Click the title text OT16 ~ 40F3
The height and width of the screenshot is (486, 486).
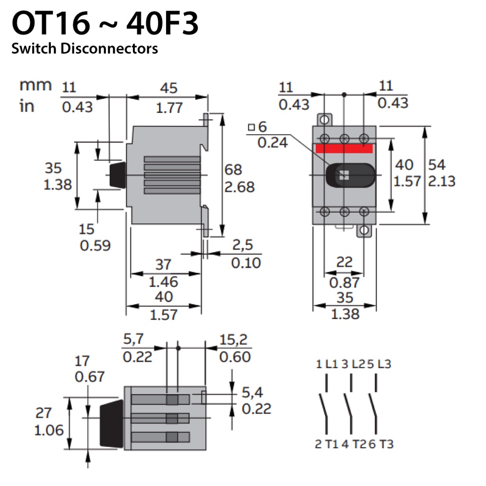[105, 23]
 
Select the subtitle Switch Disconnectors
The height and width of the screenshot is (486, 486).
[84, 49]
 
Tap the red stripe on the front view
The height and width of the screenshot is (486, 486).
[344, 148]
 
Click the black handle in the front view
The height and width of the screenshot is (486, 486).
[350, 176]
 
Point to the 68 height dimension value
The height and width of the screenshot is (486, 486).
[233, 169]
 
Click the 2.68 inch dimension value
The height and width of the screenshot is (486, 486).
[239, 187]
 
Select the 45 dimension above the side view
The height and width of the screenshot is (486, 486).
[168, 88]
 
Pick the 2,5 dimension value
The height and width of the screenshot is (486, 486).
[243, 245]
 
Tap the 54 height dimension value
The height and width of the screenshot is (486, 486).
[437, 165]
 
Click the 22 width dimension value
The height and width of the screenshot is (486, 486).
[345, 262]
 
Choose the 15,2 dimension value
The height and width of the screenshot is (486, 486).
[234, 340]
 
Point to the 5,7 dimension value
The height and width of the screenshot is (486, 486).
[133, 339]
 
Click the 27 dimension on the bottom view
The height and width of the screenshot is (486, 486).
[43, 413]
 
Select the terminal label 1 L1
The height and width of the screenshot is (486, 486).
[327, 364]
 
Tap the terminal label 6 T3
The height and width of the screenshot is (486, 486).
[381, 444]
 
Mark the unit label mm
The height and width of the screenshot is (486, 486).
[35, 85]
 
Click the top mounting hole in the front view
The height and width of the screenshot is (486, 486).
[324, 120]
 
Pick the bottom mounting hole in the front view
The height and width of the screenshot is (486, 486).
[364, 230]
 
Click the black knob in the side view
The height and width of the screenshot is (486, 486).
[118, 175]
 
